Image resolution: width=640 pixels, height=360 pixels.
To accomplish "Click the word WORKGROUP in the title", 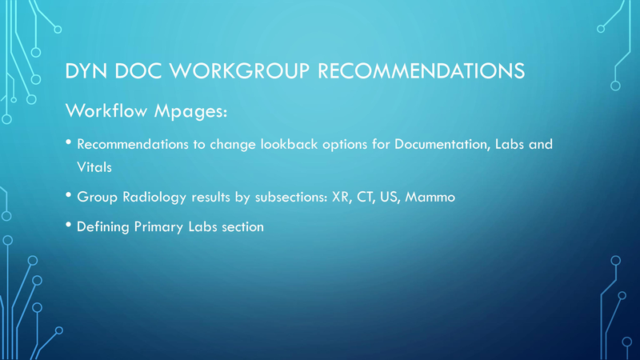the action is [x=239, y=71].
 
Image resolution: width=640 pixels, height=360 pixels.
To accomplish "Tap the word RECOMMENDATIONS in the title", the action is [x=422, y=71].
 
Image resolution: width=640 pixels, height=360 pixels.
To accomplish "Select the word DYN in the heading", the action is [x=86, y=71].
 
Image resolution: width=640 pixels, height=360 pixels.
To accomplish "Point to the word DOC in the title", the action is [x=138, y=71].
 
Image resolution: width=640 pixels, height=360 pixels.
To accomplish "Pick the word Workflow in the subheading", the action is [x=106, y=110].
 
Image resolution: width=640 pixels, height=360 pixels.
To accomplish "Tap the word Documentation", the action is [x=442, y=145].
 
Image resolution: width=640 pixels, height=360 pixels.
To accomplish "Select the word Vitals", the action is [x=94, y=167].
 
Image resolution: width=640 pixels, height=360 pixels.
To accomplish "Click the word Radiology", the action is [x=154, y=198].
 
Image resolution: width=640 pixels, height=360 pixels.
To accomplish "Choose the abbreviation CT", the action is [x=366, y=197].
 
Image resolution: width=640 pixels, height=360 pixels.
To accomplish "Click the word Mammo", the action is [x=430, y=197].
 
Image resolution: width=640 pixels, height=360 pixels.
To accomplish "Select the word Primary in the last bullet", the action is [x=158, y=227].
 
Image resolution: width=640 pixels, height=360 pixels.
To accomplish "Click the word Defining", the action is [x=103, y=227].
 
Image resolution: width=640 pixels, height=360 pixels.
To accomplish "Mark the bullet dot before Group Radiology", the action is [x=69, y=195].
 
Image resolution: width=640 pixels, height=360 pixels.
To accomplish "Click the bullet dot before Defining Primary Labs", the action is [x=69, y=225].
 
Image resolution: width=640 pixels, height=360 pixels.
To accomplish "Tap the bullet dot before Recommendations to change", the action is [x=69, y=142].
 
